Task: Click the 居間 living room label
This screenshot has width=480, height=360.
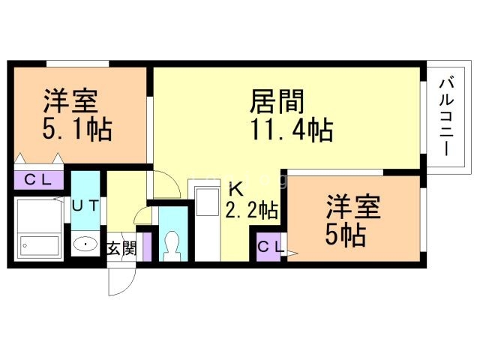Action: point(277,101)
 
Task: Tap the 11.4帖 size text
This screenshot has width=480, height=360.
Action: point(292,130)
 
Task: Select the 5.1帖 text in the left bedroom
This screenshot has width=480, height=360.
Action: point(77,129)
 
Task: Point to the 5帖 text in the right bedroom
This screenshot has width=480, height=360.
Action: point(345,235)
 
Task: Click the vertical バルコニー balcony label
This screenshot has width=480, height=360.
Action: point(447,117)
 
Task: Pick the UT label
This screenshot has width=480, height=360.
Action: point(85,205)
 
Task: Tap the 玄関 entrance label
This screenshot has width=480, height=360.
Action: point(121,248)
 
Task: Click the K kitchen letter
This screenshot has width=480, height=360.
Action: point(236,190)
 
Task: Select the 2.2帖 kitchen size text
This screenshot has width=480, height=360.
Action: point(252,210)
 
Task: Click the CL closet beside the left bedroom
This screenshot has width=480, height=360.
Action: point(38,180)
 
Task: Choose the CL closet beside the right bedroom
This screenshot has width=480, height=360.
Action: point(268,247)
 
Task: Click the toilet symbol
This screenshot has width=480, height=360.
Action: point(173,246)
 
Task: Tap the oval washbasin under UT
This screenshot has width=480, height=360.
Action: point(85,244)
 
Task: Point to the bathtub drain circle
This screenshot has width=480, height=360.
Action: point(25,246)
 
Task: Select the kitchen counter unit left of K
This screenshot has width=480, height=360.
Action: point(207,221)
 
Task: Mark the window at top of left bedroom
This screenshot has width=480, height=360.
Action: point(78,64)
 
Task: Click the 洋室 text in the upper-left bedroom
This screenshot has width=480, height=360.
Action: point(70,101)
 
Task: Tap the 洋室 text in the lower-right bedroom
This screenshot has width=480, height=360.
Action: point(353,207)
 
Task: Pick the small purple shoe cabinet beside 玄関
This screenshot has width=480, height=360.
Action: point(148,247)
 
